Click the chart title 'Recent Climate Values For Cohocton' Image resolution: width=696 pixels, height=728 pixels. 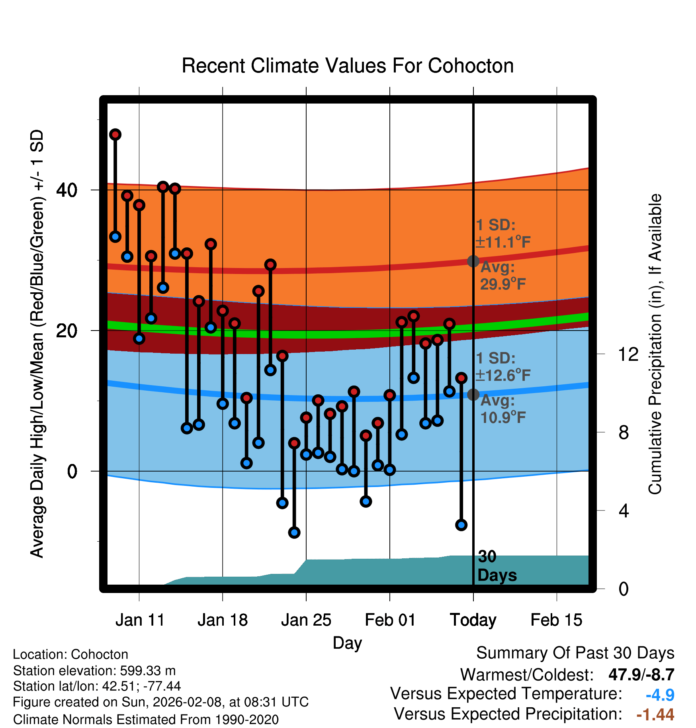tap(348, 66)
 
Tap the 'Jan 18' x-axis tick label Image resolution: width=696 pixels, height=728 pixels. tap(223, 620)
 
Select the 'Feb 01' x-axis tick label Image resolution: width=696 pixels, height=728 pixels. tap(390, 620)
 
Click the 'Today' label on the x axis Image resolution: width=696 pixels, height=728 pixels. tap(473, 620)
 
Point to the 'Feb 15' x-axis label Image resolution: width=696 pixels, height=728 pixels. tap(556, 620)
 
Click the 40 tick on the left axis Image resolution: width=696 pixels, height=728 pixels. tap(66, 190)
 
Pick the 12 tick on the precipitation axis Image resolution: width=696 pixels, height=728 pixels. tap(628, 354)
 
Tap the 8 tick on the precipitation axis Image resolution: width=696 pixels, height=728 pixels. tap(624, 432)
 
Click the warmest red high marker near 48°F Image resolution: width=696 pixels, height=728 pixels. tap(115, 135)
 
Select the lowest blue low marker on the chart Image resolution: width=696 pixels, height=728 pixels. tap(294, 532)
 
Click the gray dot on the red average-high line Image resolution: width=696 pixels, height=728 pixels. tap(473, 261)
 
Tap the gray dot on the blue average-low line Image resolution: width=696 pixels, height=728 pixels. tap(473, 395)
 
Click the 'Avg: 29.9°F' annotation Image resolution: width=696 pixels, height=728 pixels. tap(502, 276)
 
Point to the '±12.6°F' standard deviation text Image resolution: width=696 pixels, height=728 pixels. tap(503, 375)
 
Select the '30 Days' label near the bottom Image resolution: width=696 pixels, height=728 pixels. tap(497, 566)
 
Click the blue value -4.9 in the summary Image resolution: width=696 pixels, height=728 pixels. tap(660, 695)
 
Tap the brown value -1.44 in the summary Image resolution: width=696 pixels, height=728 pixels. tap(655, 714)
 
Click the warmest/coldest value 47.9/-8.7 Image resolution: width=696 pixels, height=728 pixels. tap(641, 675)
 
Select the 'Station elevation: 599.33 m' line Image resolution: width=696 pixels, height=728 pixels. tap(94, 671)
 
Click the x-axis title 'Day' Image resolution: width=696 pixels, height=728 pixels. tap(347, 643)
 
